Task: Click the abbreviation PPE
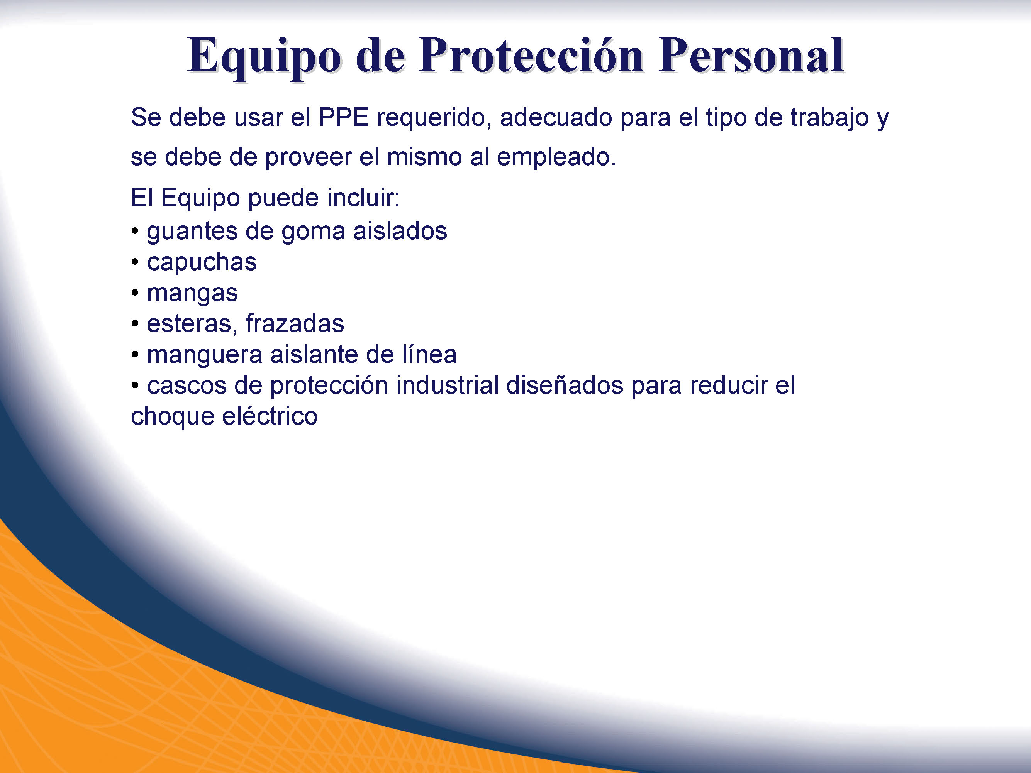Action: (344, 117)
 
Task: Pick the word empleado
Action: (556, 158)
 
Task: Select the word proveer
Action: (308, 158)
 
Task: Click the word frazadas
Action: (295, 323)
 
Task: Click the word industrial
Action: (448, 385)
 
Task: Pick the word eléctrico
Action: (270, 416)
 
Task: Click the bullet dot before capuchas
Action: (135, 262)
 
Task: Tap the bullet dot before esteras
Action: (135, 324)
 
